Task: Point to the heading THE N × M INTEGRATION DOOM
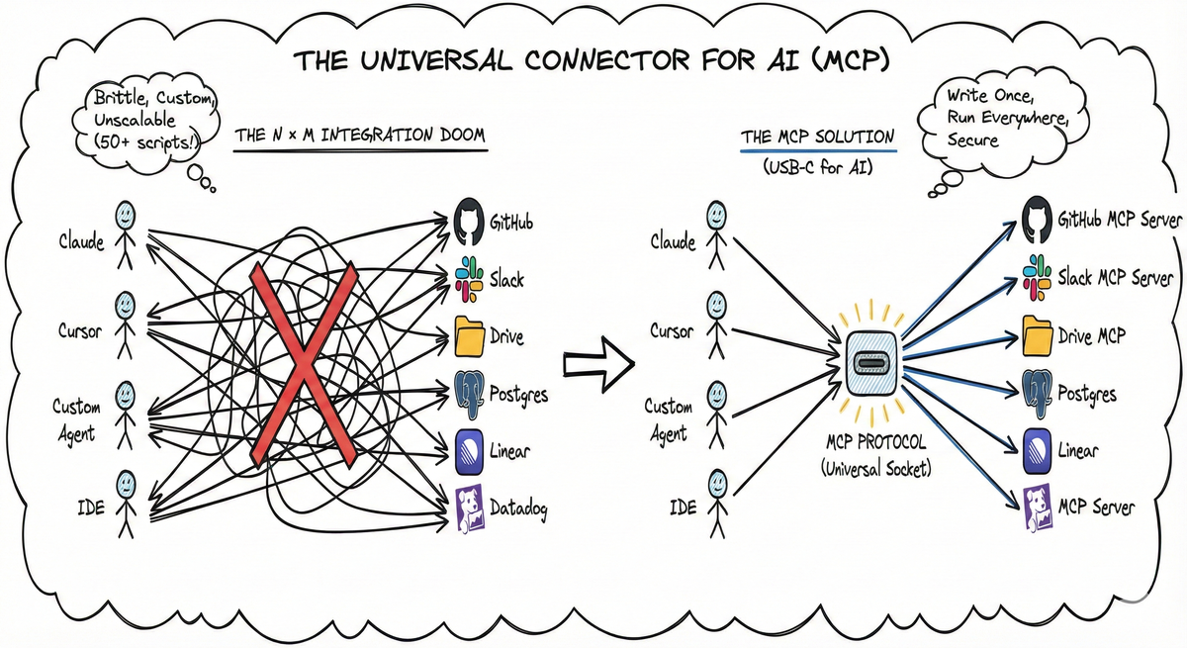coord(360,135)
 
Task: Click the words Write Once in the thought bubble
coord(988,98)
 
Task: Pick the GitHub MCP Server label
coord(1119,220)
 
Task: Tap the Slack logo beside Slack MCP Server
coord(1037,277)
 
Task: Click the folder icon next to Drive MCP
coord(1037,335)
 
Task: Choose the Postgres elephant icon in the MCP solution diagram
coord(1037,394)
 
